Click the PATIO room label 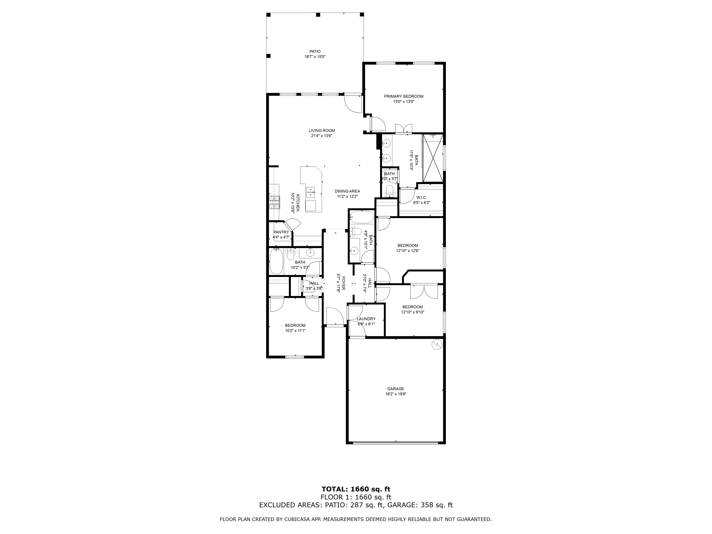pyautogui.click(x=315, y=51)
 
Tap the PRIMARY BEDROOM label pyautogui.click(x=404, y=96)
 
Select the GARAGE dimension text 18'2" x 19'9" pyautogui.click(x=396, y=394)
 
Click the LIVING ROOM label pyautogui.click(x=322, y=130)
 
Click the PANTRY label pyautogui.click(x=281, y=232)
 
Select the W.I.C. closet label pyautogui.click(x=421, y=197)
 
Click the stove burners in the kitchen pyautogui.click(x=274, y=202)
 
